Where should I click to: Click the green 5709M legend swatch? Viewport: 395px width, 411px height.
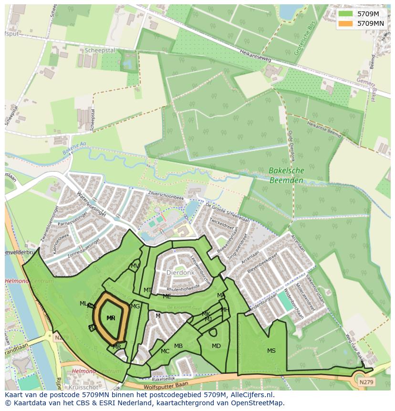pyautogui.click(x=346, y=14)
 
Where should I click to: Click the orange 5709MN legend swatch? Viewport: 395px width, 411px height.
pyautogui.click(x=346, y=23)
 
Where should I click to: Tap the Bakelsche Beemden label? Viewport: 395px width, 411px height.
pyautogui.click(x=286, y=175)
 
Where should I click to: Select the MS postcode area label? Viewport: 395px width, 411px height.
pyautogui.click(x=271, y=351)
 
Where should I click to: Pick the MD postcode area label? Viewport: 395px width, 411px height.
pyautogui.click(x=216, y=346)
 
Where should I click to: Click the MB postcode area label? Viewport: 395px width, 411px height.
pyautogui.click(x=178, y=346)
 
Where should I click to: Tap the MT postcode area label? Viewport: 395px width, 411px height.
pyautogui.click(x=148, y=290)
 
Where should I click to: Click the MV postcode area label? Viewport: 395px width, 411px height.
pyautogui.click(x=135, y=266)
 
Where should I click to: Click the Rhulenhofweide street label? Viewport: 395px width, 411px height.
pyautogui.click(x=183, y=289)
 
